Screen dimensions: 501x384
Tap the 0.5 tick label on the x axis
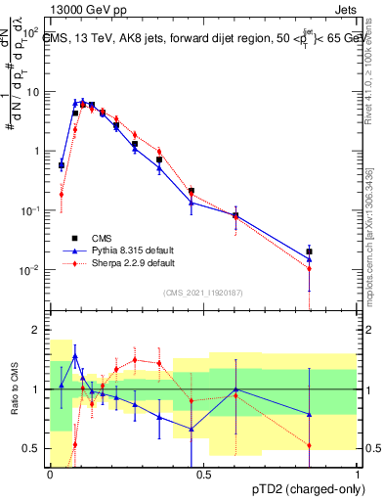tap(203, 474)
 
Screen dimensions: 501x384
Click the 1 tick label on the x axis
tap(357, 474)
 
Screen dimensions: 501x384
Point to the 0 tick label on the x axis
tap(50, 474)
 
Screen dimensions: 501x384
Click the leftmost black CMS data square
tap(62, 165)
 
